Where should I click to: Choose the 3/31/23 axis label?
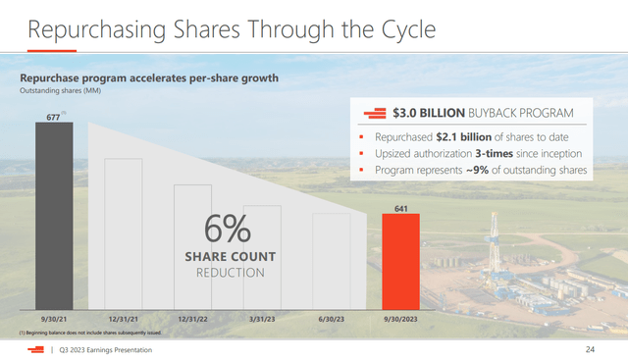click(x=262, y=319)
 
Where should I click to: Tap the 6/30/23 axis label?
click(x=332, y=319)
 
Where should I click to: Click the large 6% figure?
click(x=227, y=232)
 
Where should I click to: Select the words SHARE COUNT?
click(x=227, y=257)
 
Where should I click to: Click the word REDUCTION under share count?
click(x=227, y=272)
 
